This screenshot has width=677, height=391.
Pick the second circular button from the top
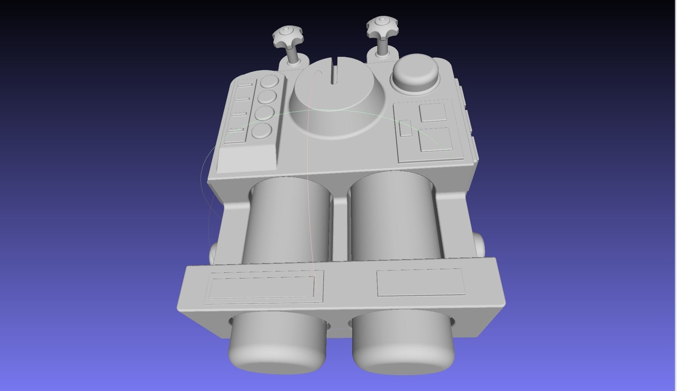267,97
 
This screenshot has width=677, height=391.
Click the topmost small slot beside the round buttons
245,85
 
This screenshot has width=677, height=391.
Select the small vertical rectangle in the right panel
406,128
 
